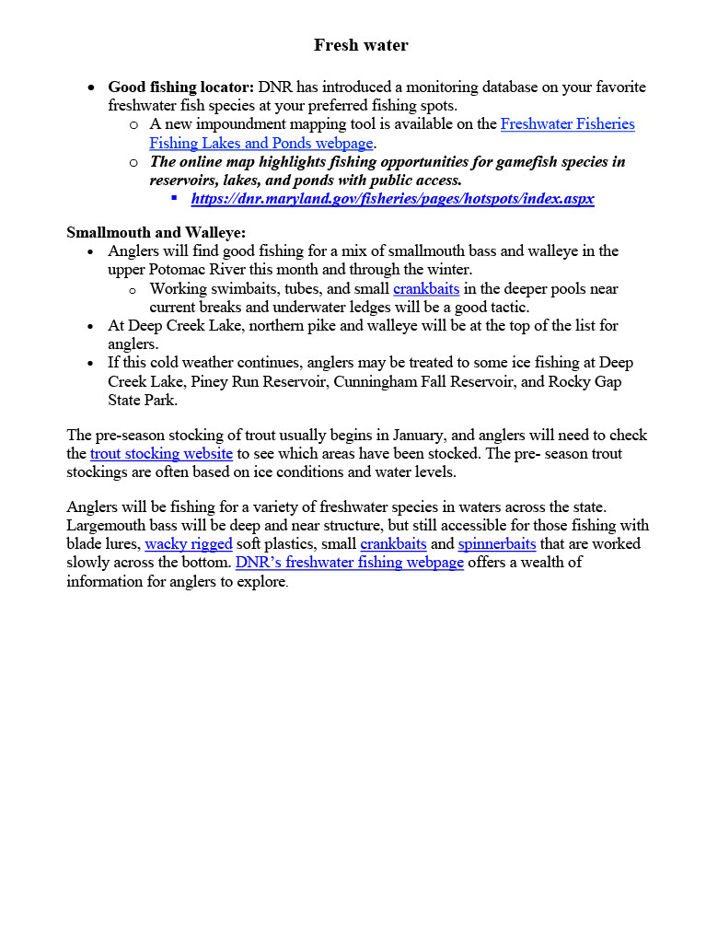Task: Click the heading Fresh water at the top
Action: [361, 45]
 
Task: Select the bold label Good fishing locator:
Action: [181, 87]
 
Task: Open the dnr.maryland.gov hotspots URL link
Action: [392, 199]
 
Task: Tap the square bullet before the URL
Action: [175, 198]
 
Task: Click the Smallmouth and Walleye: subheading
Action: [156, 232]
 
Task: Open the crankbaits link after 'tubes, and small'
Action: [425, 288]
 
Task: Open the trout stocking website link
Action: [161, 453]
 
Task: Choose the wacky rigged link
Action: [189, 543]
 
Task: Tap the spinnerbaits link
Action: [497, 543]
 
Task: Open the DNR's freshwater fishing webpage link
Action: [350, 562]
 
